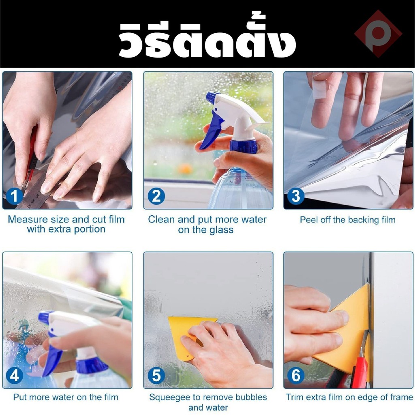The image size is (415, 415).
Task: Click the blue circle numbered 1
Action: click(x=14, y=196)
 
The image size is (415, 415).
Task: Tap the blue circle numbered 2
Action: click(x=156, y=196)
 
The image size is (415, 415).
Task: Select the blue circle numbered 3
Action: click(x=295, y=196)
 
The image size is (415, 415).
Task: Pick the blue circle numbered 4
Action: click(x=14, y=376)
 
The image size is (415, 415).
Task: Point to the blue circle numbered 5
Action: click(x=156, y=376)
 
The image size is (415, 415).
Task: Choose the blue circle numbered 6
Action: click(x=295, y=376)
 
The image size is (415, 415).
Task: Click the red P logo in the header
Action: click(x=378, y=34)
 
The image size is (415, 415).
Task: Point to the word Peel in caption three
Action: click(x=309, y=220)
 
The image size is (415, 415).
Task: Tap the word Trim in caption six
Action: click(x=294, y=397)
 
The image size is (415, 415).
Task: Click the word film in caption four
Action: click(x=110, y=397)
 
